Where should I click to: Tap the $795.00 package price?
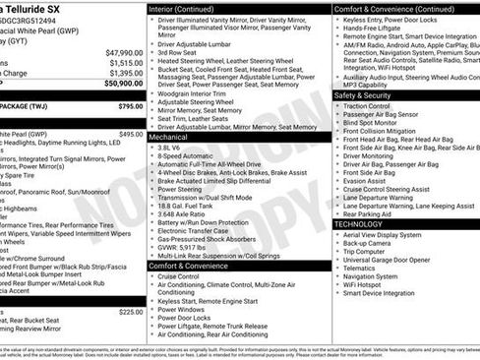click(x=130, y=105)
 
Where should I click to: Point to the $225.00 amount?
click(x=130, y=311)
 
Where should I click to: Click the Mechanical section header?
click(x=168, y=138)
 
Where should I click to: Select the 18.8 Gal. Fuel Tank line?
click(x=194, y=206)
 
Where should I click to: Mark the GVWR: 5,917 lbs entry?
click(x=190, y=244)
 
